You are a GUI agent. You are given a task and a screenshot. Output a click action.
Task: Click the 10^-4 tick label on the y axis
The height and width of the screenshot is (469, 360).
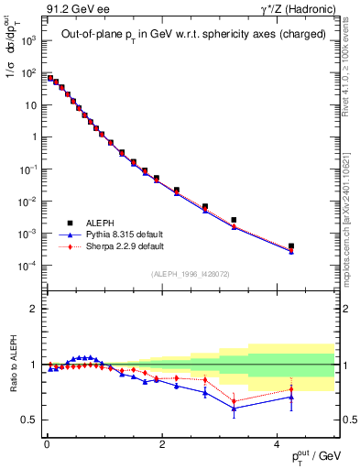coord(27,267)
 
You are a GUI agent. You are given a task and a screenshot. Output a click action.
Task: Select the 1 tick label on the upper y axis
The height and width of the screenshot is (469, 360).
coord(32,137)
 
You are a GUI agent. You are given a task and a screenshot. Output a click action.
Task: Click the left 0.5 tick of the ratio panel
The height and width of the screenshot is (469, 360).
coord(30,420)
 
